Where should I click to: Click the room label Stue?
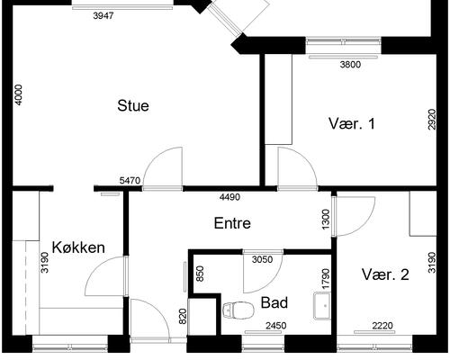coord(133,105)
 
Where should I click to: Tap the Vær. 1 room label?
coord(351,123)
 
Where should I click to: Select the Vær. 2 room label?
coord(386,274)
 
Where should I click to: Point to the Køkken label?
coord(79,247)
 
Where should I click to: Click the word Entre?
coord(231,223)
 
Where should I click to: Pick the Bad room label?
coord(274,302)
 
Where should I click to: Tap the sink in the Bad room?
coord(321,305)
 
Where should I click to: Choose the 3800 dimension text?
coord(349,64)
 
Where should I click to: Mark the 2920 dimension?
coord(432,121)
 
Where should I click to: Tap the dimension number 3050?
coord(261,260)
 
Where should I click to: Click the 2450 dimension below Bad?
coord(275,326)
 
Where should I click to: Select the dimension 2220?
coord(382,326)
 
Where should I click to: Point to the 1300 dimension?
coord(325,219)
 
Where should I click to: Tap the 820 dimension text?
coord(182,316)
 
